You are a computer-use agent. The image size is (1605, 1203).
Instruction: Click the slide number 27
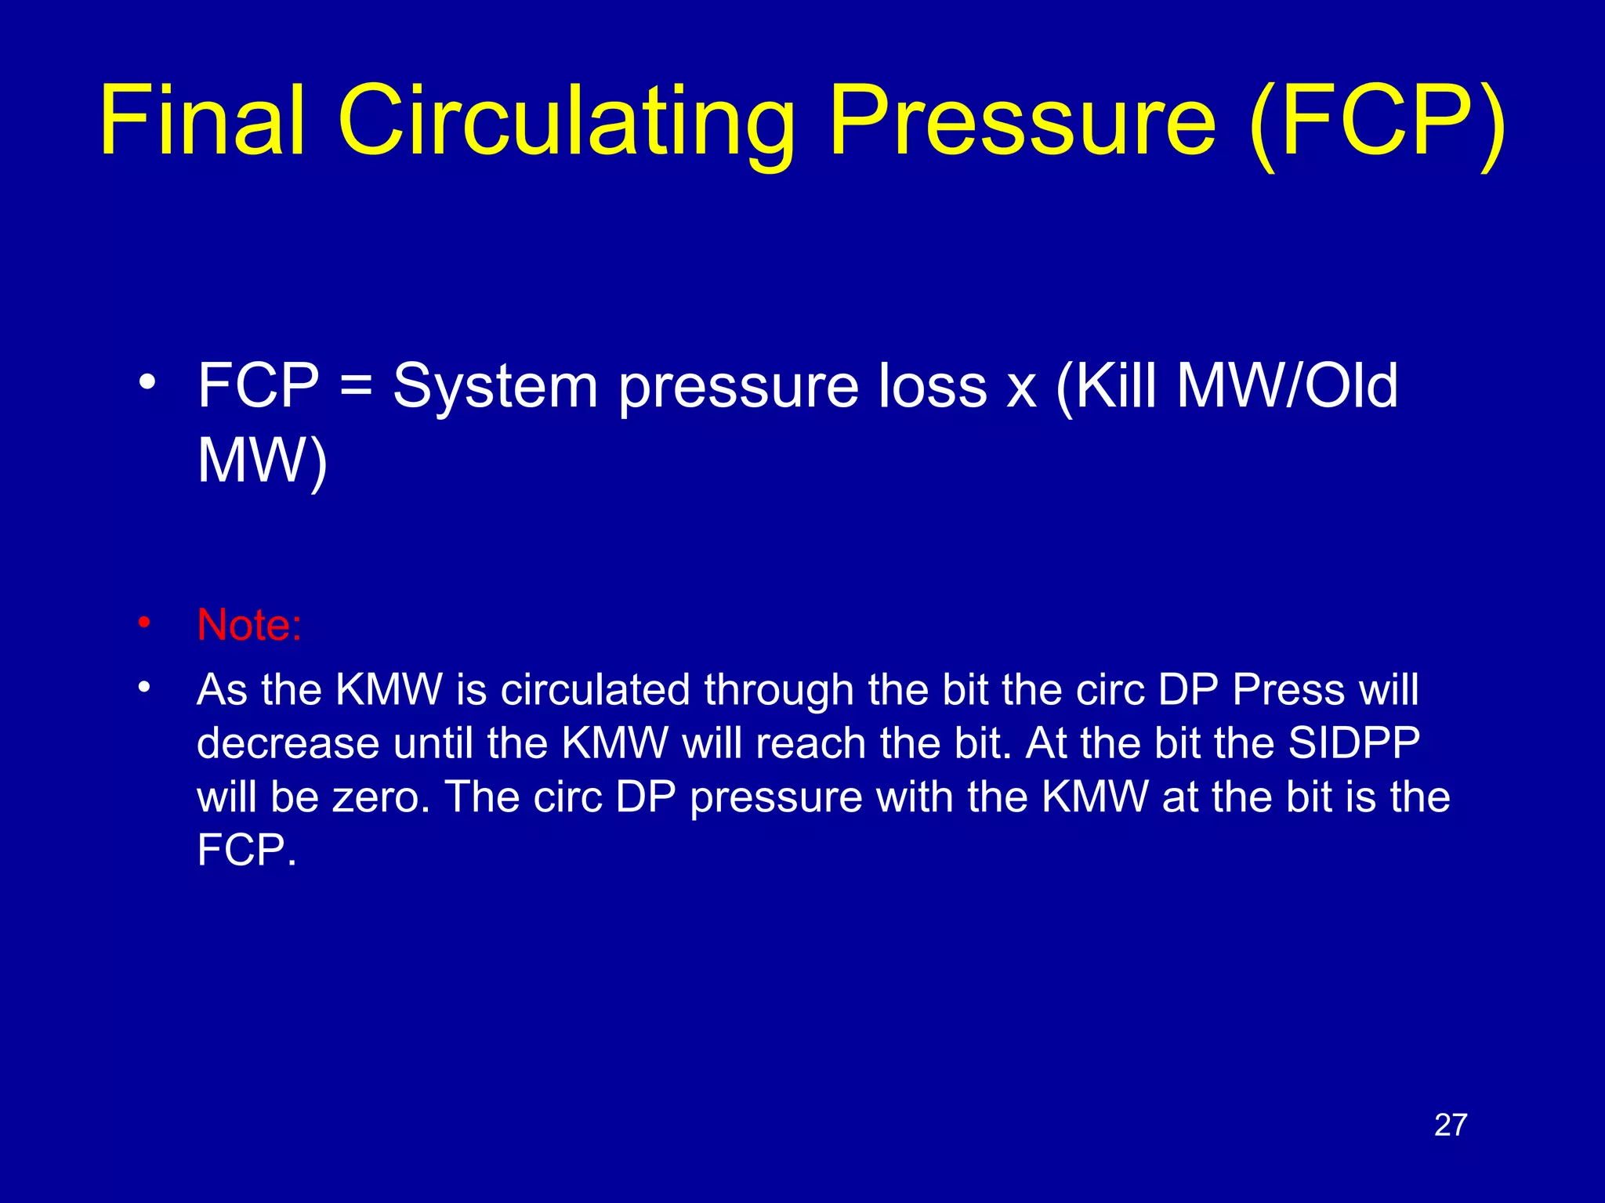coord(1450,1125)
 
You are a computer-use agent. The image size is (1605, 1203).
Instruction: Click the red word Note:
coord(249,625)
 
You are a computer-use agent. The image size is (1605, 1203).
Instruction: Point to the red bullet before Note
coord(143,623)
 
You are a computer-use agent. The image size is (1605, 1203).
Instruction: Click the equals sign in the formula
coord(357,386)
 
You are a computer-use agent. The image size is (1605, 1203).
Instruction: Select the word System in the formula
coord(495,386)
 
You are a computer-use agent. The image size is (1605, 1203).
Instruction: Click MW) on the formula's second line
coord(262,462)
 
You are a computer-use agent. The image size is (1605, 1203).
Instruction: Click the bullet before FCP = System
coord(147,384)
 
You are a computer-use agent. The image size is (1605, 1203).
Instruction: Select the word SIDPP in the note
coord(1354,743)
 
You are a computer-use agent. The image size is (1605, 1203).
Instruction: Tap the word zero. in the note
coord(381,797)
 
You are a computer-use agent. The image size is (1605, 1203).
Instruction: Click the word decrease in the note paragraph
coord(288,743)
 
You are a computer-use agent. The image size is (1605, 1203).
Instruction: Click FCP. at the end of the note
coord(247,851)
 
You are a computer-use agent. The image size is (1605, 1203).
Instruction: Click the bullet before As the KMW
coord(143,688)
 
